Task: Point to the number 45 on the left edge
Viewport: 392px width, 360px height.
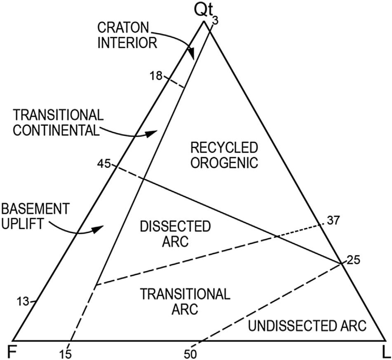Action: coord(104,164)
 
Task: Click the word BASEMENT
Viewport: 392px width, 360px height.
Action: coord(34,208)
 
